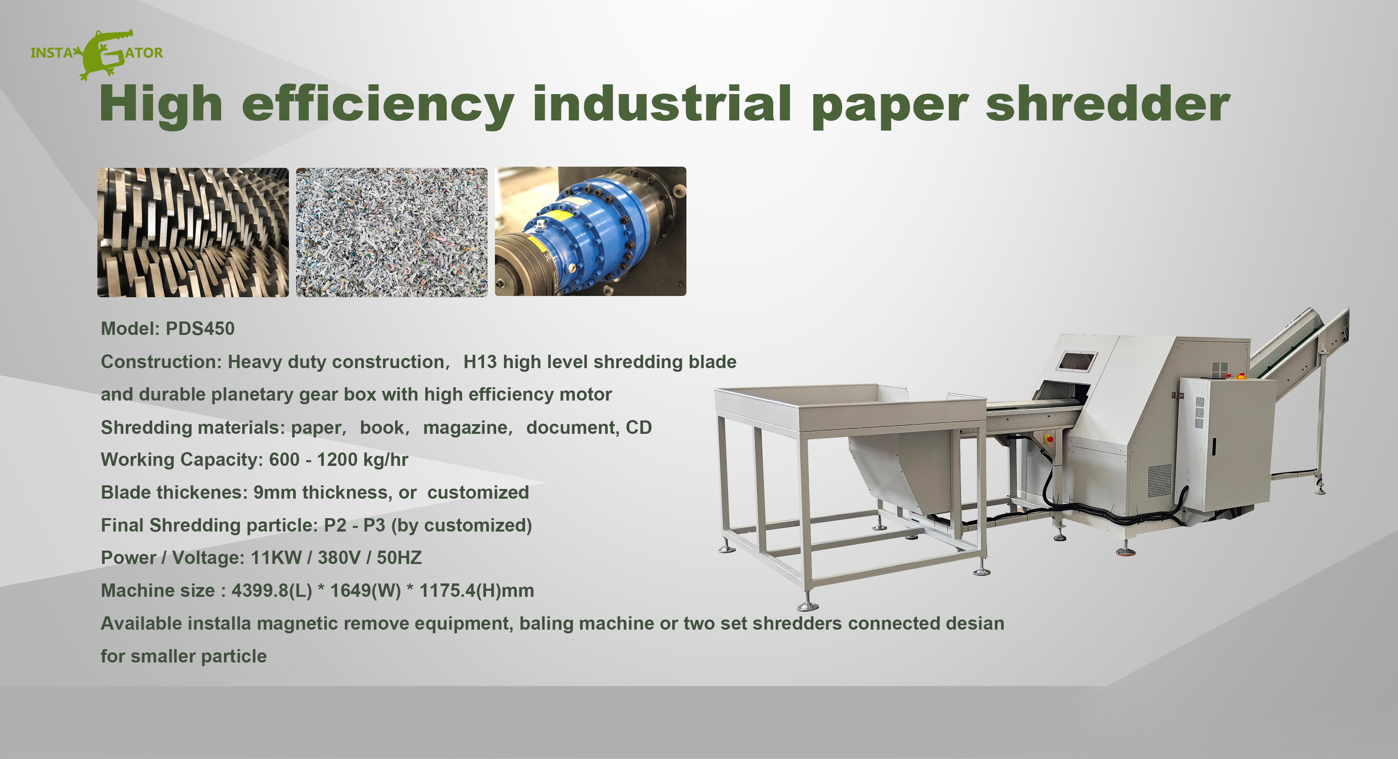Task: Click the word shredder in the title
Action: (x=1107, y=104)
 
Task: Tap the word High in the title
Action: (x=161, y=104)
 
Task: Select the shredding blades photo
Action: (x=193, y=232)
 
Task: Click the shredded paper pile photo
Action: (x=391, y=232)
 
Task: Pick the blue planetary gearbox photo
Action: (x=590, y=231)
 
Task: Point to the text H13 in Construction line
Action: (x=480, y=362)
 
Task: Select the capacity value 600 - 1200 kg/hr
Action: (x=338, y=459)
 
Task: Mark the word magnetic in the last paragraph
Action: (x=297, y=623)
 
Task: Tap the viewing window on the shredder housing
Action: (x=1077, y=361)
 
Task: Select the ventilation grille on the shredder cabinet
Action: (x=1160, y=480)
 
